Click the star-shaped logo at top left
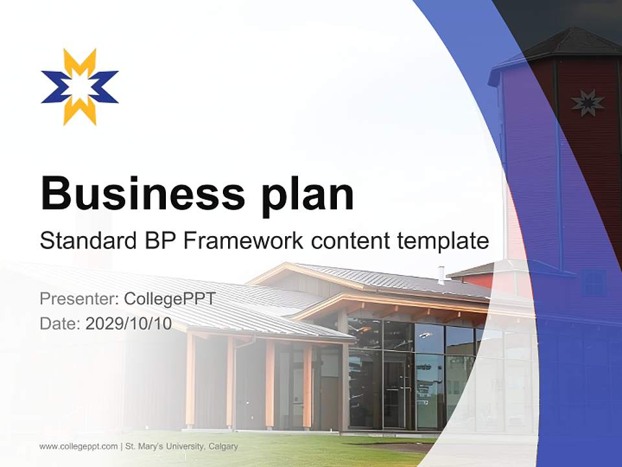80,86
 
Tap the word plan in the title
308,195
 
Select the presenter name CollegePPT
169,299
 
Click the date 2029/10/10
129,324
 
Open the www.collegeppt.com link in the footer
78,446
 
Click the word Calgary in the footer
223,446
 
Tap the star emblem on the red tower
587,103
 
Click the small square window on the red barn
593,283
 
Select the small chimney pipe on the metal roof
441,275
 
